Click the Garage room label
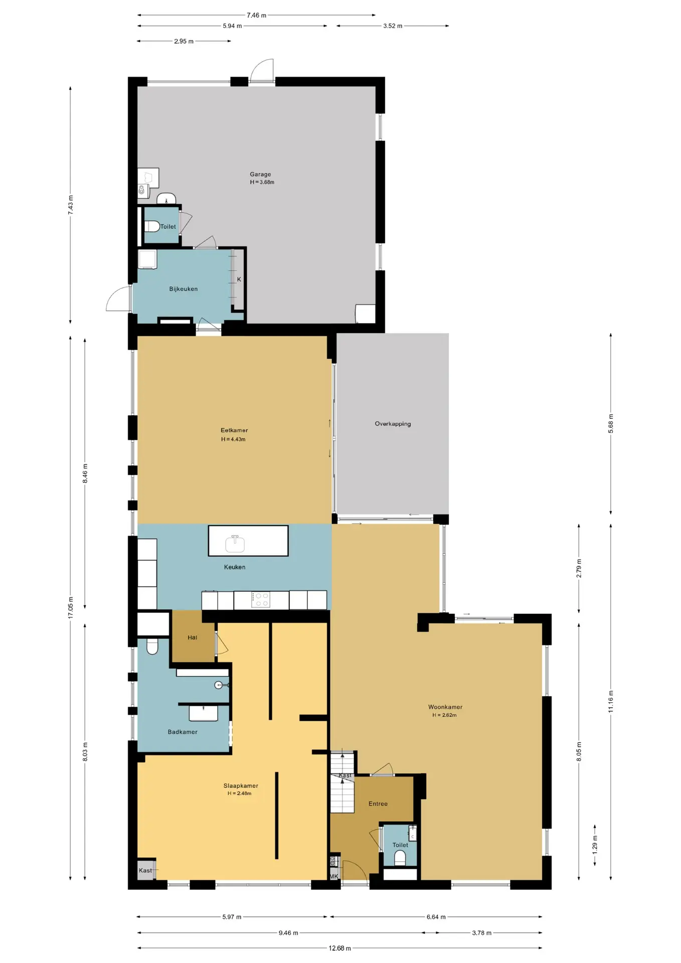(x=260, y=174)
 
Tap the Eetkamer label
(x=234, y=430)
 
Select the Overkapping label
(x=393, y=424)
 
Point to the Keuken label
(x=235, y=567)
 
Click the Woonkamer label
(x=445, y=707)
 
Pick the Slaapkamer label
(x=241, y=785)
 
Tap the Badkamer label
(x=183, y=732)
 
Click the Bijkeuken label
(x=184, y=289)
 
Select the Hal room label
(x=193, y=637)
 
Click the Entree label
(x=378, y=804)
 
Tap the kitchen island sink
(x=235, y=543)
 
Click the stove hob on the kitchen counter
(x=261, y=599)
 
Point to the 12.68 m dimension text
(x=340, y=948)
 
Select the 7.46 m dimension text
(x=256, y=15)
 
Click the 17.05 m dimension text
(x=71, y=607)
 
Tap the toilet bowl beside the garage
(x=152, y=226)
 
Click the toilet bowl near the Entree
(x=400, y=859)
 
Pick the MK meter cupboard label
(x=334, y=876)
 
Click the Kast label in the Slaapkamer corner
(x=145, y=870)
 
